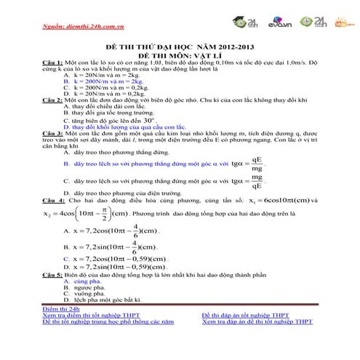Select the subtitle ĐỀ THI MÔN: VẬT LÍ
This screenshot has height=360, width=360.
pos(181,54)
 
